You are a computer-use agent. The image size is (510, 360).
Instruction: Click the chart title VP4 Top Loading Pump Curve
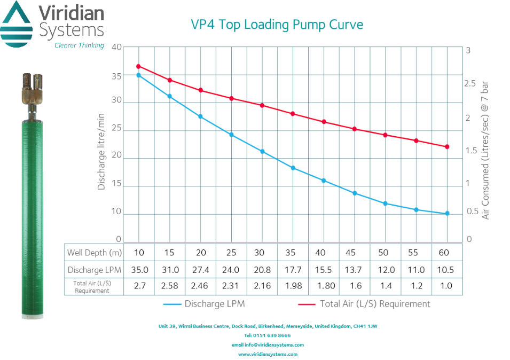(277, 25)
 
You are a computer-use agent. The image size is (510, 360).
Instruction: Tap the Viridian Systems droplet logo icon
(18, 24)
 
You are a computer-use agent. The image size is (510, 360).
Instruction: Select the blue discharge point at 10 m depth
(139, 75)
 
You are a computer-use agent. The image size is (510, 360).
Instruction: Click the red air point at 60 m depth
(448, 146)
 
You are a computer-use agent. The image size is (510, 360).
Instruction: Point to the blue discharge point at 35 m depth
(293, 168)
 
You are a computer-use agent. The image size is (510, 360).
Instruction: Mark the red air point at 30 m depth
(262, 105)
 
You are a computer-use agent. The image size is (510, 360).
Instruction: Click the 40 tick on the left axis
(116, 47)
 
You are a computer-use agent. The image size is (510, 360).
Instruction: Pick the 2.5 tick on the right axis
(470, 84)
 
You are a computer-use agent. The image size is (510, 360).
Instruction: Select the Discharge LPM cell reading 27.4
(200, 270)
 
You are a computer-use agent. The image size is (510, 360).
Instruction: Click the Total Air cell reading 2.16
(262, 286)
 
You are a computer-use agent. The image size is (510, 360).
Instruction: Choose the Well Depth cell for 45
(355, 252)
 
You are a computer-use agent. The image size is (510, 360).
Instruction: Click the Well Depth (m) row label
(94, 252)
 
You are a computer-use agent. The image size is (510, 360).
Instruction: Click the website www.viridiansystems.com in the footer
(268, 354)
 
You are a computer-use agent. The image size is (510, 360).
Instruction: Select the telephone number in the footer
(268, 335)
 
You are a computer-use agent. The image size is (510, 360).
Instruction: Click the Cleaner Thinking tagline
(79, 45)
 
